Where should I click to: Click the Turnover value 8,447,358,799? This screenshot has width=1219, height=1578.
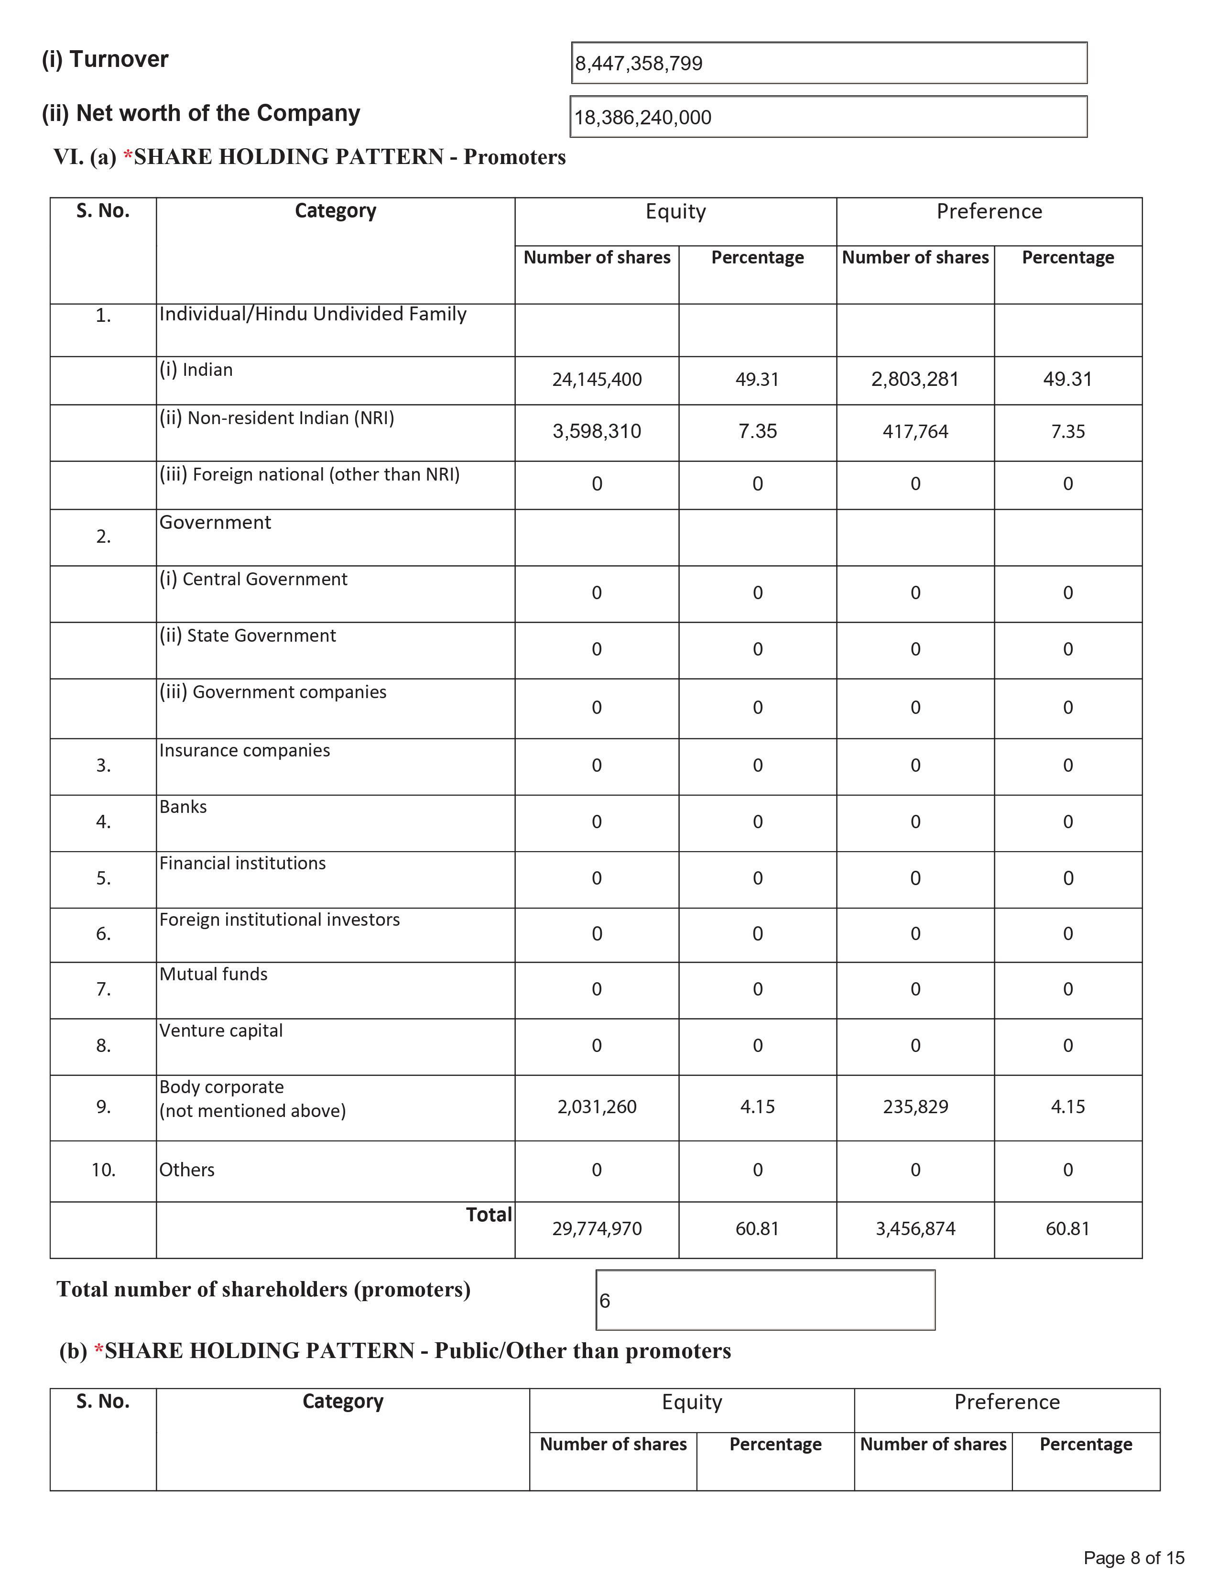(638, 64)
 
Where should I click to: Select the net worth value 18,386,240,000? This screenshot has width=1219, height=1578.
(642, 117)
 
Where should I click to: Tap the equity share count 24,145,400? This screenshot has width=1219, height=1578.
(597, 379)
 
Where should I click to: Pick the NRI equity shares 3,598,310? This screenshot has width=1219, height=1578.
(597, 431)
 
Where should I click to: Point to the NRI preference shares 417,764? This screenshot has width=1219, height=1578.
(915, 431)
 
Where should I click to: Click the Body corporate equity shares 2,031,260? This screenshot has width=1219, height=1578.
(597, 1107)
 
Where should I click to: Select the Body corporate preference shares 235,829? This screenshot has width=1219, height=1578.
(915, 1107)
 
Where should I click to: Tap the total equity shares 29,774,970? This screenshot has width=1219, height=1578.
(597, 1228)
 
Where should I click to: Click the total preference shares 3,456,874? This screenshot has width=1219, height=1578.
(915, 1228)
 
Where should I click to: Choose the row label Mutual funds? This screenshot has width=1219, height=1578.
(213, 974)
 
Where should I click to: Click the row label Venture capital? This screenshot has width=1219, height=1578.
(221, 1030)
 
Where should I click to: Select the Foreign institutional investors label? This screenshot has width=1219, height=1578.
(280, 919)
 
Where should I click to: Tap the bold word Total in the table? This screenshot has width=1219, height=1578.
(489, 1215)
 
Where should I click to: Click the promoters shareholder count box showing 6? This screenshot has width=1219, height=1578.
(765, 1301)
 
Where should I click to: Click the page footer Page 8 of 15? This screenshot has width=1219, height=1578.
(1134, 1558)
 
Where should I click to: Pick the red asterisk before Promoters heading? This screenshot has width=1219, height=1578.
(128, 157)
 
